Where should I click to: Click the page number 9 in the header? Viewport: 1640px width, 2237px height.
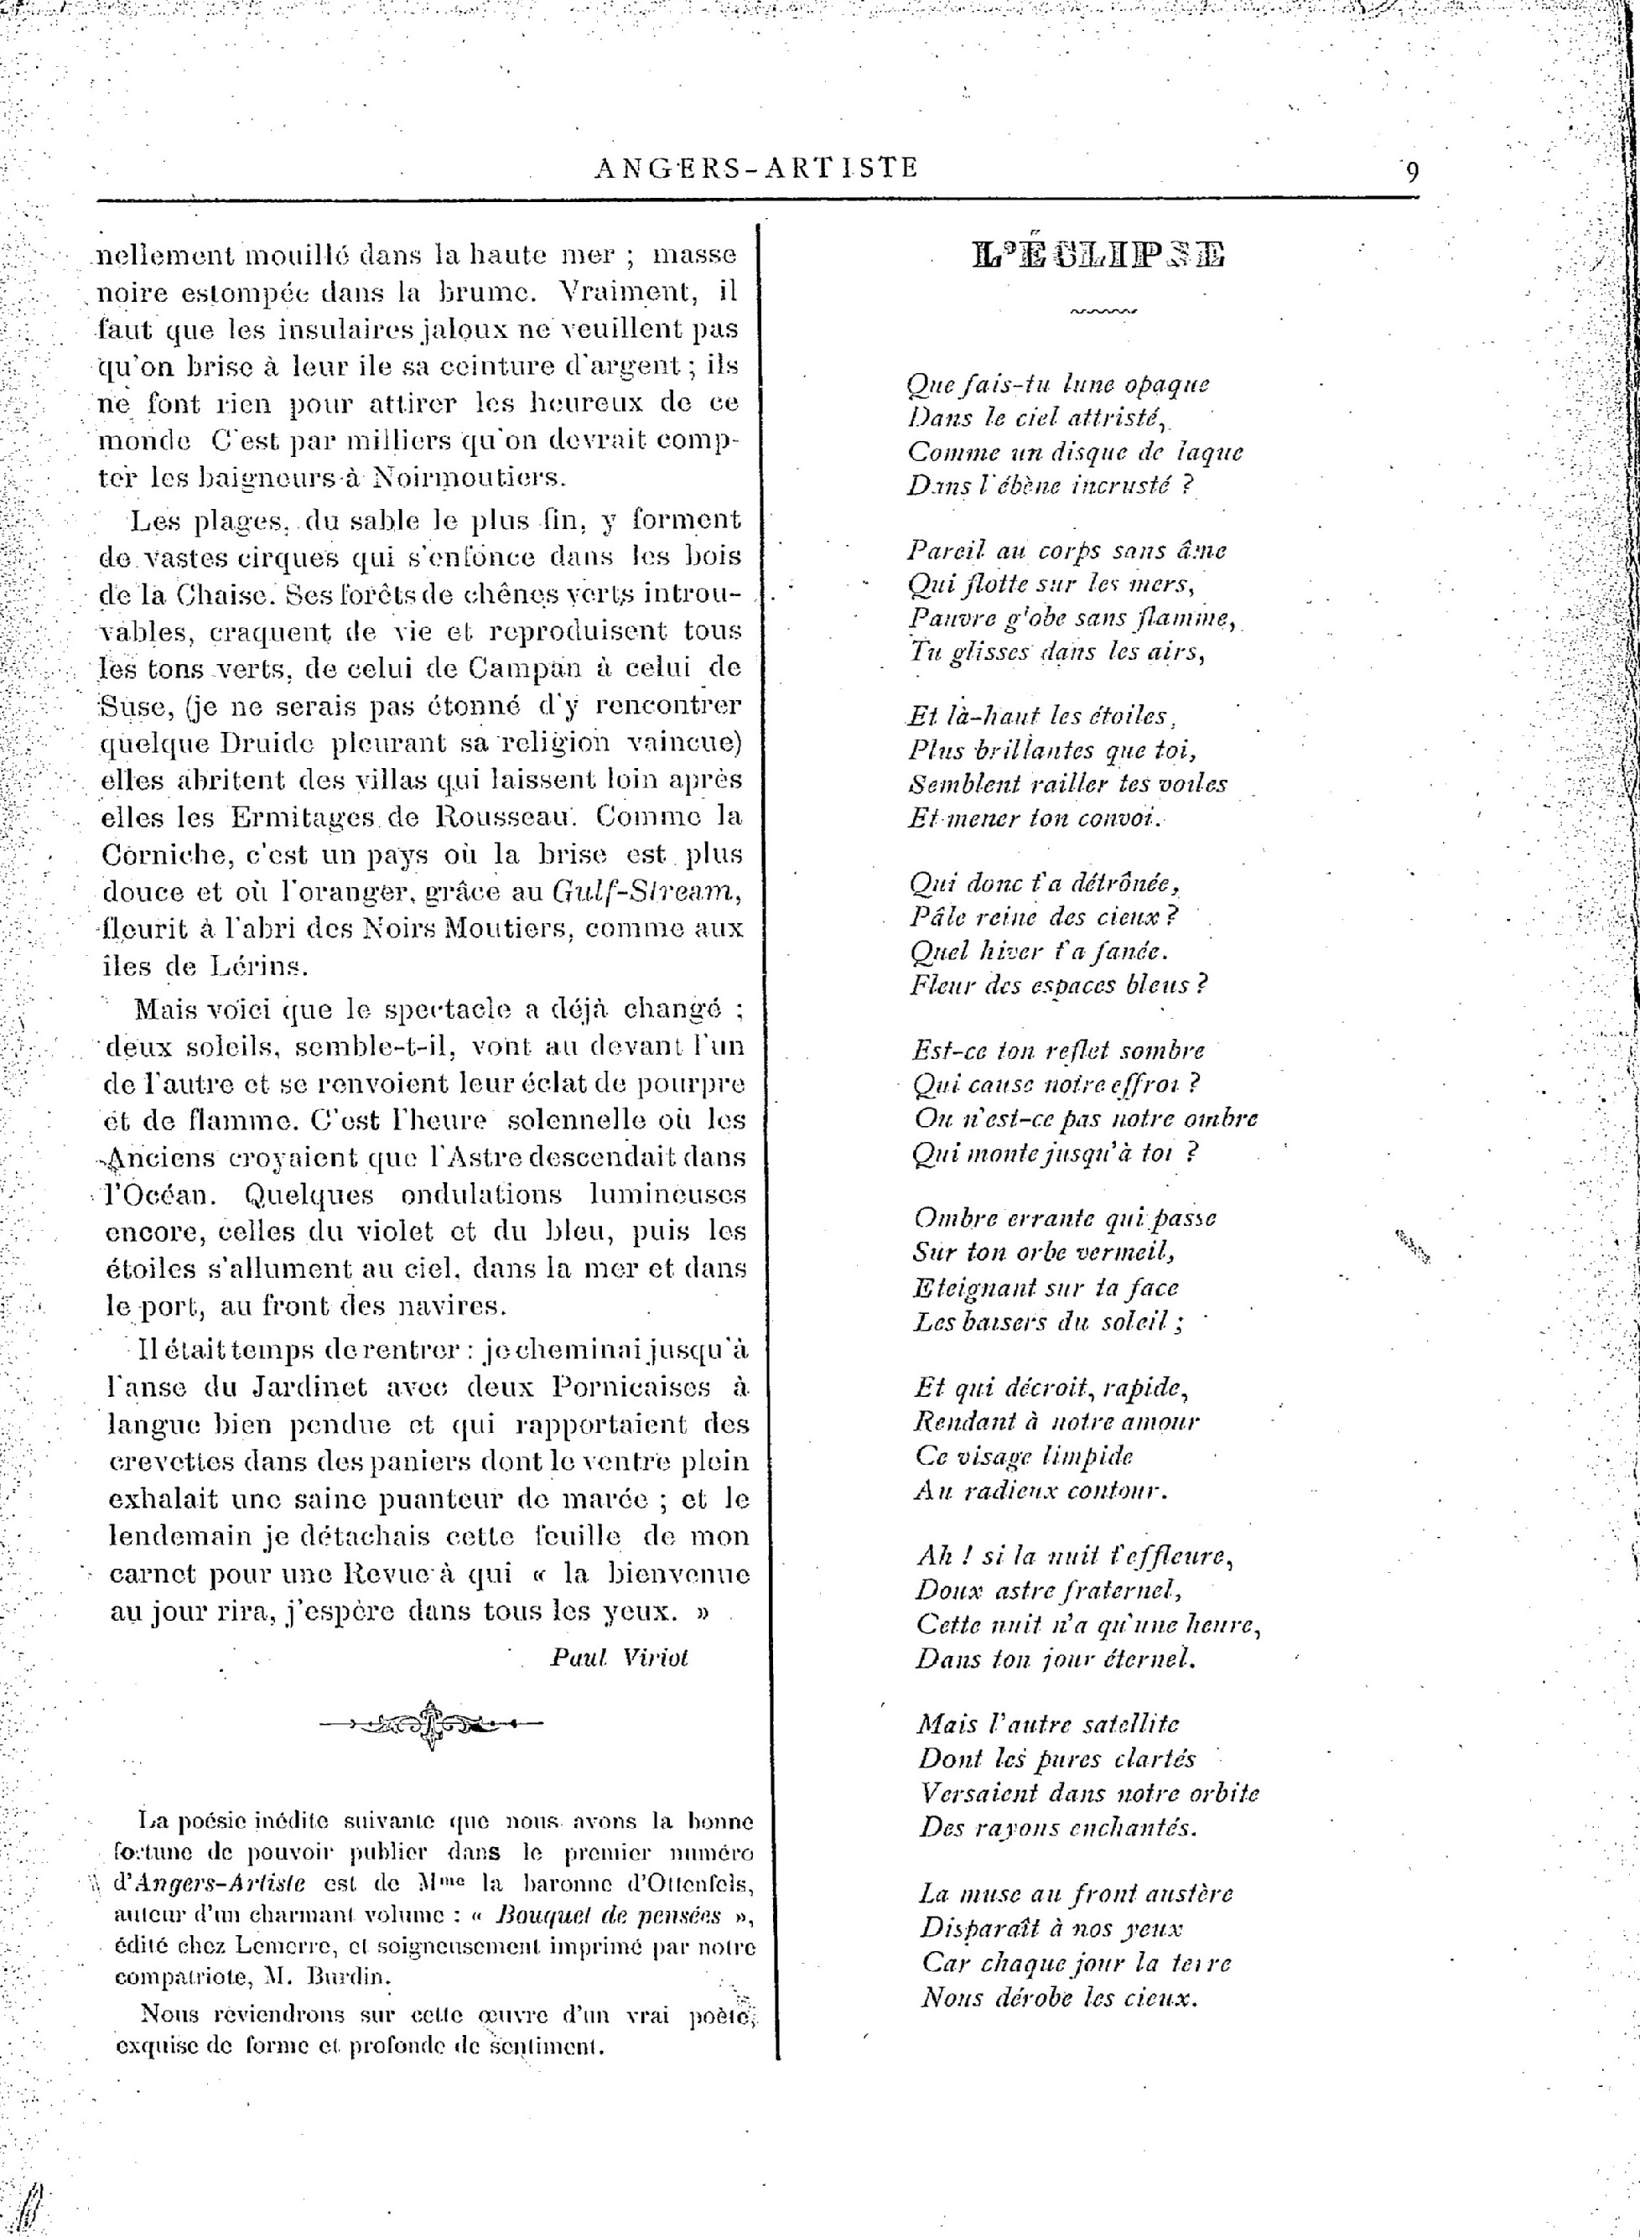coord(1412,171)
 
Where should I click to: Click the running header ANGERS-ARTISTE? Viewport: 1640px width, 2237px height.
coord(756,168)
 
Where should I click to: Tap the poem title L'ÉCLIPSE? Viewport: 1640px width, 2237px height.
coord(1099,255)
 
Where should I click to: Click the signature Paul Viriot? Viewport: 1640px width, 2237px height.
coord(620,1657)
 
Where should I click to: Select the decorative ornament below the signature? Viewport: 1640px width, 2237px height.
coord(431,1724)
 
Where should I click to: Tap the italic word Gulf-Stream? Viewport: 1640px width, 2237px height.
coord(646,891)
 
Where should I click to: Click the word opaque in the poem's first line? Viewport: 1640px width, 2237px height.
coord(1166,384)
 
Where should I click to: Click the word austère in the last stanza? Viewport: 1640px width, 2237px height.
coord(1189,1892)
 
